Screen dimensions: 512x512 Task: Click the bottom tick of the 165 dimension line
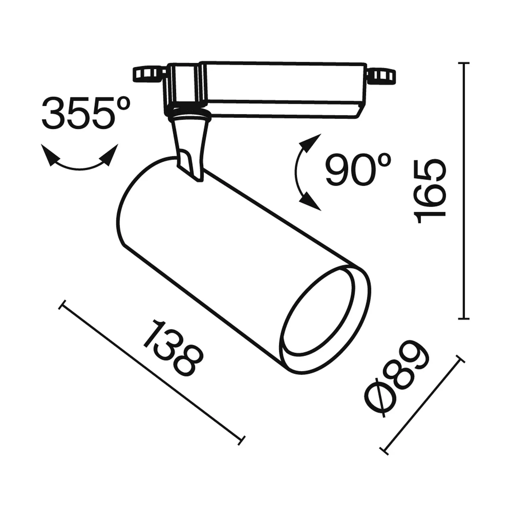464,319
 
